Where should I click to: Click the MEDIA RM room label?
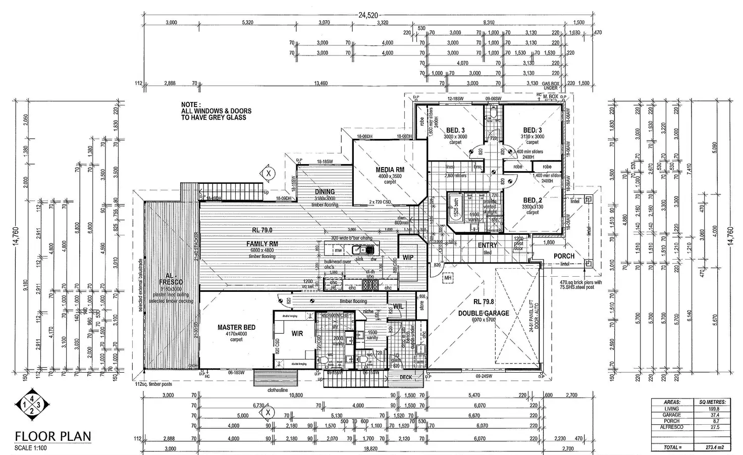(x=390, y=170)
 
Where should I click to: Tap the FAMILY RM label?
(x=262, y=243)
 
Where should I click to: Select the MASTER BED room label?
(x=236, y=327)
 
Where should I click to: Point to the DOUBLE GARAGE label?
(x=484, y=313)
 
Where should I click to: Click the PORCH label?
(x=564, y=256)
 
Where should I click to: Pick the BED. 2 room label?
(x=533, y=200)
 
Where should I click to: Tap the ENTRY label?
(x=487, y=245)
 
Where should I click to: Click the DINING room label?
(x=325, y=192)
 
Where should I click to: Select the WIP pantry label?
(x=408, y=258)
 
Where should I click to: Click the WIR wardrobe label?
(x=297, y=333)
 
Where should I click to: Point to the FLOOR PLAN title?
(x=52, y=437)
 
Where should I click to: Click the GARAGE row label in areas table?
(x=671, y=415)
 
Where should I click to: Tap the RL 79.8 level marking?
(x=484, y=302)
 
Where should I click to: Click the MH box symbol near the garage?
(x=447, y=277)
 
